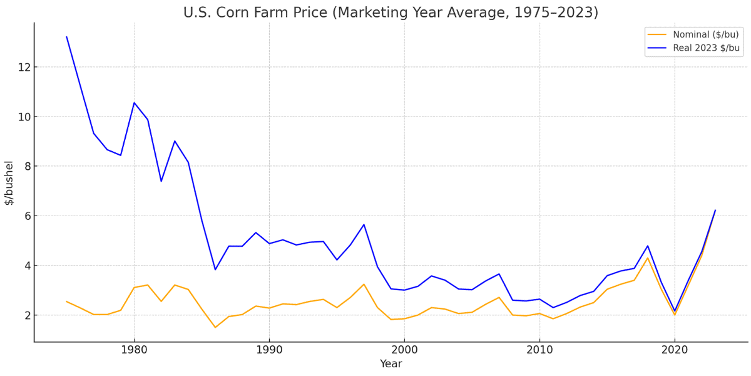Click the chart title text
[x=391, y=13]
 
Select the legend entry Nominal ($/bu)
[x=705, y=34]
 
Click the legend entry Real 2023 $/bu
[x=705, y=48]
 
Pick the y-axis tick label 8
[x=23, y=166]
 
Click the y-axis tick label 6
[x=23, y=216]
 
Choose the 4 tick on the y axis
[x=23, y=265]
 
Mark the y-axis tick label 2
[x=23, y=315]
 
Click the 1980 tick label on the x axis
[x=134, y=350]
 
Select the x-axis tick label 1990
[x=269, y=350]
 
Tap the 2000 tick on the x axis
[x=404, y=350]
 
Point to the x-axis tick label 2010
[x=539, y=350]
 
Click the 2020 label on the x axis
[x=675, y=350]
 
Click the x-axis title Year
[x=391, y=364]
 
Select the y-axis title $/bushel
[x=9, y=182]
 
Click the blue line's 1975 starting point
[x=66, y=36]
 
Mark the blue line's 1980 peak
[x=134, y=103]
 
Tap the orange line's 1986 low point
[x=215, y=327]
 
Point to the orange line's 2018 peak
[x=648, y=258]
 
